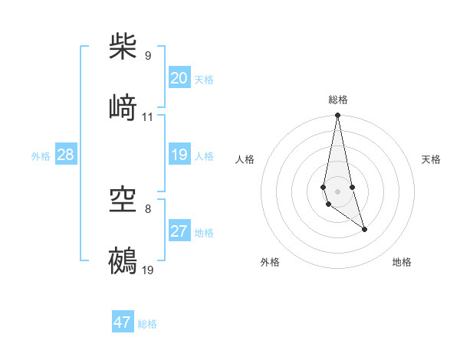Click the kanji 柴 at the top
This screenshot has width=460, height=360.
coord(123,47)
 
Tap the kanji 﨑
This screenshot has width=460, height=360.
coord(123,107)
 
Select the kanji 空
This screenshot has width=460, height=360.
coord(123,200)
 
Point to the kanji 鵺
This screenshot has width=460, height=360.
coord(123,260)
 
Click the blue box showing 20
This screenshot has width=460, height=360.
coord(179,78)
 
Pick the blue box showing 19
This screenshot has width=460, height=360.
coord(179,155)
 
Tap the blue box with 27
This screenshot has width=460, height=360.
coord(179,231)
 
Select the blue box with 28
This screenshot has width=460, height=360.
coord(66,155)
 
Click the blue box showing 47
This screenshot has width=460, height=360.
coord(123,322)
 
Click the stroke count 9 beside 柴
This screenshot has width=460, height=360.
coord(148,56)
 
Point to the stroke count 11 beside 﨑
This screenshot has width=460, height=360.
coord(148,117)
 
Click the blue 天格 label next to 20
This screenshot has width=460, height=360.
coord(204,80)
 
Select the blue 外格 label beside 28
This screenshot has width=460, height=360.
coord(41,156)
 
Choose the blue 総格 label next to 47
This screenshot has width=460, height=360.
coord(147,324)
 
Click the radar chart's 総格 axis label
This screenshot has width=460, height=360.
coord(338,100)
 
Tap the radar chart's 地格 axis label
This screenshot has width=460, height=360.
coord(402,262)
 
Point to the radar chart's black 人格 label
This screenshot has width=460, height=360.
coord(245,159)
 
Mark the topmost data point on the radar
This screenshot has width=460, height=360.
coord(337,116)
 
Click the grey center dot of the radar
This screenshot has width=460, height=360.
coord(337,191)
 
